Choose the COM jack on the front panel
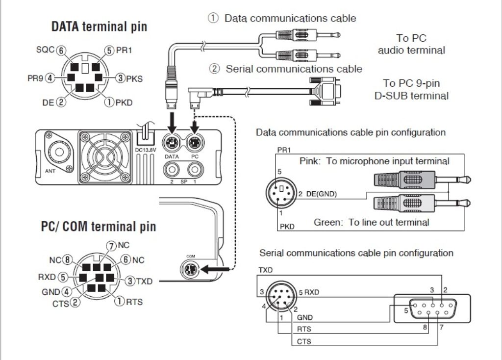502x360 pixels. pos(191,269)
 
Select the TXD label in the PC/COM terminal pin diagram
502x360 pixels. pos(144,282)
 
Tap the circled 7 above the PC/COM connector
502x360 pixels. pos(112,245)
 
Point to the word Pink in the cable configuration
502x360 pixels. pos(310,161)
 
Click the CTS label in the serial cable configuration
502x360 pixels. pos(304,341)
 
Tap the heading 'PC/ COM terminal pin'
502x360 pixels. pos(99,226)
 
